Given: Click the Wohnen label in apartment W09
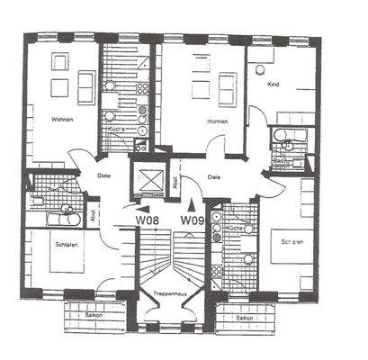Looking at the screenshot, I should click(x=217, y=121).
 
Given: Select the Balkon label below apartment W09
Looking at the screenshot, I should click(x=243, y=318).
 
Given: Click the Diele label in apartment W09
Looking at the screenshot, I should click(x=213, y=176).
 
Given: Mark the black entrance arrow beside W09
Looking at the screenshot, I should click(x=190, y=202).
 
